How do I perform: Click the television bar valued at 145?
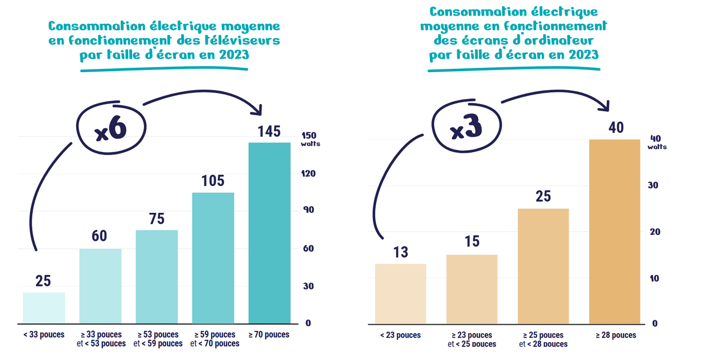pos(269,232)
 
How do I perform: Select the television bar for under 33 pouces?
pos(44,307)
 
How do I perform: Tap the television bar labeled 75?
pos(157,276)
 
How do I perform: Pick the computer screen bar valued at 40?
pos(614,231)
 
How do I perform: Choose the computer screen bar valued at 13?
pos(401,293)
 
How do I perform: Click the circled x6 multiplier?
pos(111,129)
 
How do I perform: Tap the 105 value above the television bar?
pos(213,181)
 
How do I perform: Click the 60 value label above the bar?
pos(100,236)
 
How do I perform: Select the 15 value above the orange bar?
pos(472,242)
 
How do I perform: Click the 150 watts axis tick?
pos(310,136)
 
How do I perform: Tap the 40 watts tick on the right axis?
pos(656,139)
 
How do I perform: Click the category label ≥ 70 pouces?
pos(269,335)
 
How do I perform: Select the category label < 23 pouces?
pos(401,335)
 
